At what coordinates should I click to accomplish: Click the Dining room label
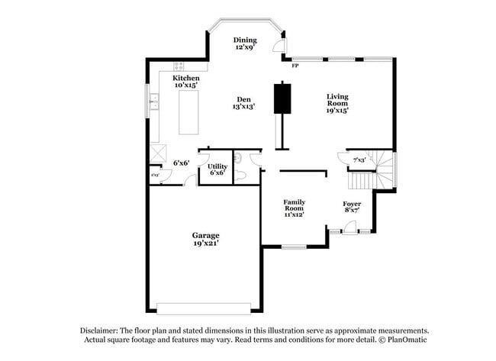[x=245, y=44]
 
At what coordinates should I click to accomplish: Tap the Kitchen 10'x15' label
[x=186, y=82]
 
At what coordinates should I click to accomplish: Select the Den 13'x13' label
[x=243, y=102]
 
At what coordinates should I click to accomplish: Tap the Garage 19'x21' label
[x=205, y=239]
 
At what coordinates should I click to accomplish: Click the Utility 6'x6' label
[x=217, y=169]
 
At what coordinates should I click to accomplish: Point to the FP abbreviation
[x=295, y=66]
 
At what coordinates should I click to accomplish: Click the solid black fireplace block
[x=284, y=96]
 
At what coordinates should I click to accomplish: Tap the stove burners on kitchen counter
[x=180, y=66]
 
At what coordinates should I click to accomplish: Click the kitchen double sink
[x=153, y=100]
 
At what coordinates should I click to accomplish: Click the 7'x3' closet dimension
[x=359, y=160]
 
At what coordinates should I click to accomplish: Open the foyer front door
[x=348, y=226]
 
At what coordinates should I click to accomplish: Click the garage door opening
[x=204, y=308]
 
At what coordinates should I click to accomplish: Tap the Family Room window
[x=294, y=247]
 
